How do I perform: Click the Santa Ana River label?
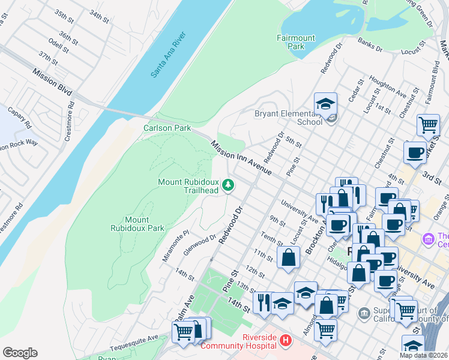pos(168,55)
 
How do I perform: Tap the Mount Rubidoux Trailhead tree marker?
pos(228,185)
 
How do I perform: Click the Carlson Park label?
pos(166,128)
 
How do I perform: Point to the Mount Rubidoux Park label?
pos(137,224)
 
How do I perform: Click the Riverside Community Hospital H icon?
pos(286,341)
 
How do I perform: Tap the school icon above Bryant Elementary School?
pos(325,104)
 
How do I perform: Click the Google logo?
pos(20,353)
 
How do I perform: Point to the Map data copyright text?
pos(423,355)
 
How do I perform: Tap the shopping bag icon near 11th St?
pos(289,257)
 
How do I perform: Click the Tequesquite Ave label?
pos(134,341)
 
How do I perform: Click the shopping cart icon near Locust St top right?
pos(428,125)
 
